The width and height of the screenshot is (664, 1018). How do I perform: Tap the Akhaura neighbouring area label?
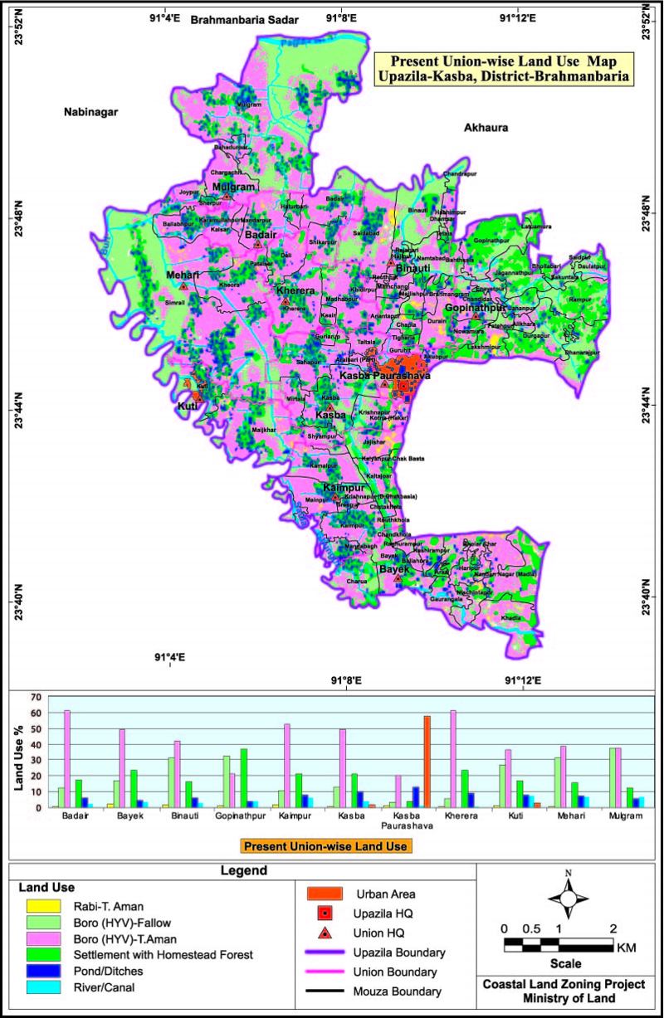[x=486, y=128]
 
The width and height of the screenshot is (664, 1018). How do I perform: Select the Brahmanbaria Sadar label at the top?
[x=243, y=18]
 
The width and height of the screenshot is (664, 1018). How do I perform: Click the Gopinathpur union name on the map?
[x=476, y=308]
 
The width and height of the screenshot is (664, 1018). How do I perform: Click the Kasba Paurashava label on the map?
[x=384, y=377]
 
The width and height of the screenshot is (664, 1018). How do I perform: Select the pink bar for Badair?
[x=67, y=758]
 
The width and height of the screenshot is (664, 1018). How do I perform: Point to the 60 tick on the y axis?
[x=35, y=712]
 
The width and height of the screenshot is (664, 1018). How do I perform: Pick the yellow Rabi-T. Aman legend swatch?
[x=40, y=904]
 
